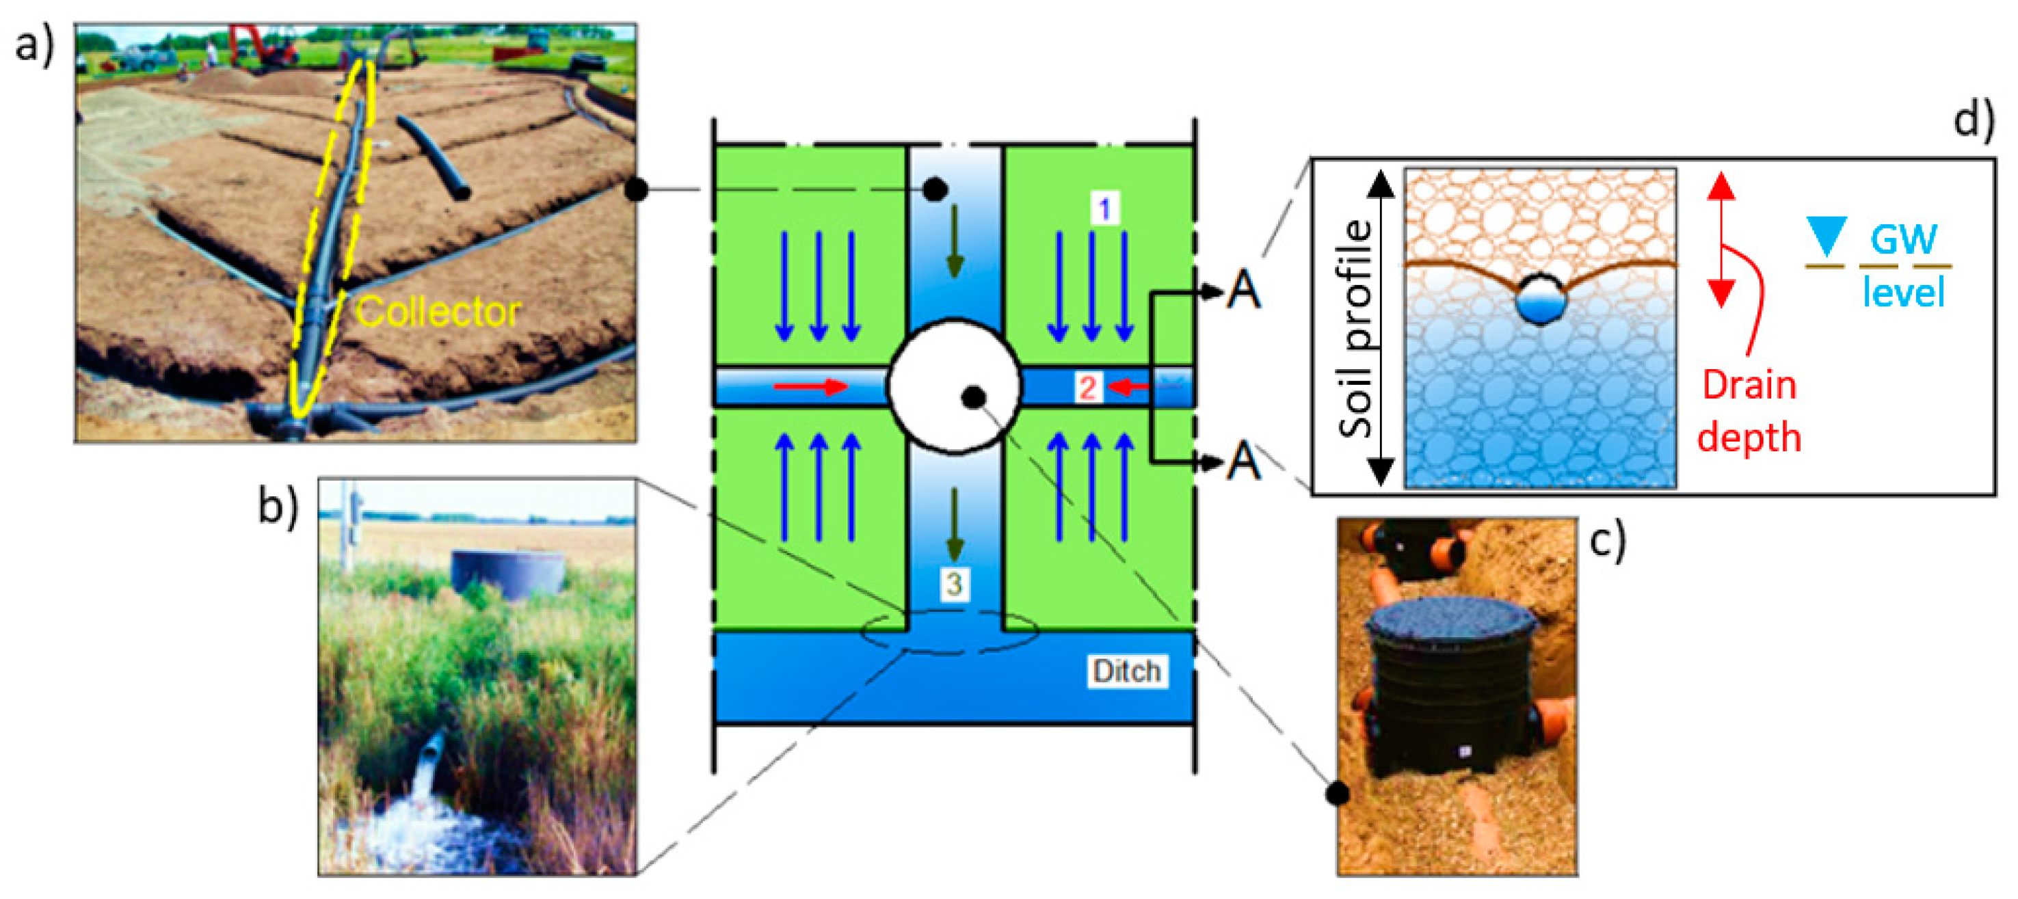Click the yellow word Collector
(x=438, y=312)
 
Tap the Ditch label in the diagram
(x=1126, y=672)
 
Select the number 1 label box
(x=1104, y=209)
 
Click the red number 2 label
(x=1087, y=388)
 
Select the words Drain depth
(x=1749, y=411)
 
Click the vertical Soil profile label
(x=1357, y=329)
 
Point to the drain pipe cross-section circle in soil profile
(x=1540, y=300)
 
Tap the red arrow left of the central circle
(x=811, y=387)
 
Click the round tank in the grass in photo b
(x=507, y=572)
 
